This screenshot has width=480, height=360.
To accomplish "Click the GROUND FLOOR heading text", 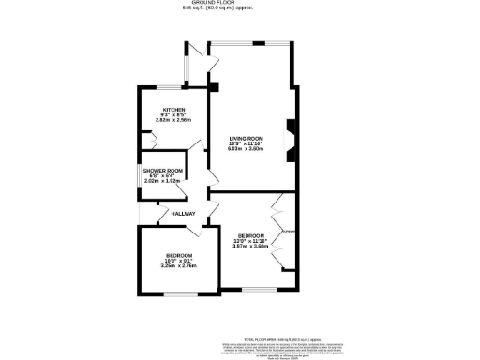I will point(239,4).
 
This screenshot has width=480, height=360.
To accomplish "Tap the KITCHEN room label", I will point(173,109).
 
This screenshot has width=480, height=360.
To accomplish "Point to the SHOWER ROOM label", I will point(165,170).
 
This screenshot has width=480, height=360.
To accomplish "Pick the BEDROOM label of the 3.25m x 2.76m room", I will point(179,256).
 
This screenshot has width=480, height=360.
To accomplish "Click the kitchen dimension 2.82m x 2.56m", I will point(173,120).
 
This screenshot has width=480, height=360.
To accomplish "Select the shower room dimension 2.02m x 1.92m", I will point(165,180).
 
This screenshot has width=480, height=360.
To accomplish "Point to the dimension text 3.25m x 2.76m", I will point(179,267).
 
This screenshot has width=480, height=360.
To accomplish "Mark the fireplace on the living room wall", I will point(290,133).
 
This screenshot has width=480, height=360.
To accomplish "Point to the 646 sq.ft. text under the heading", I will point(239,10).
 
